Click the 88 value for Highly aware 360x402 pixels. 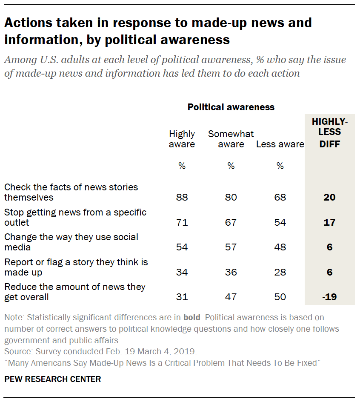click(182, 197)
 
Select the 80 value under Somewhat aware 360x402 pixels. click(231, 197)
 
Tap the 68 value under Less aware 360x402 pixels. click(280, 197)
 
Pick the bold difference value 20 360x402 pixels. click(329, 197)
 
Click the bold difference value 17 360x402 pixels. click(329, 222)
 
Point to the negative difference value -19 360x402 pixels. click(329, 297)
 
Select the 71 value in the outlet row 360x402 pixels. click(182, 222)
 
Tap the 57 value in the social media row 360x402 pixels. click(231, 247)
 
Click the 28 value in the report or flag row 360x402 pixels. click(280, 272)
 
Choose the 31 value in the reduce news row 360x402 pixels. click(182, 297)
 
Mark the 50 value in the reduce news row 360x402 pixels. click(280, 297)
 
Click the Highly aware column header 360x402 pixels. click(182, 139)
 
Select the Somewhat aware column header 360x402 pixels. click(231, 139)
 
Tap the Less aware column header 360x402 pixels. click(280, 144)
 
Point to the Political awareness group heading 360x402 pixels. click(231, 107)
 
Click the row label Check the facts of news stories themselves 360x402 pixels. click(71, 192)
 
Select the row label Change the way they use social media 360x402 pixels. click(71, 242)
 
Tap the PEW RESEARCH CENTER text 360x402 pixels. click(53, 379)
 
